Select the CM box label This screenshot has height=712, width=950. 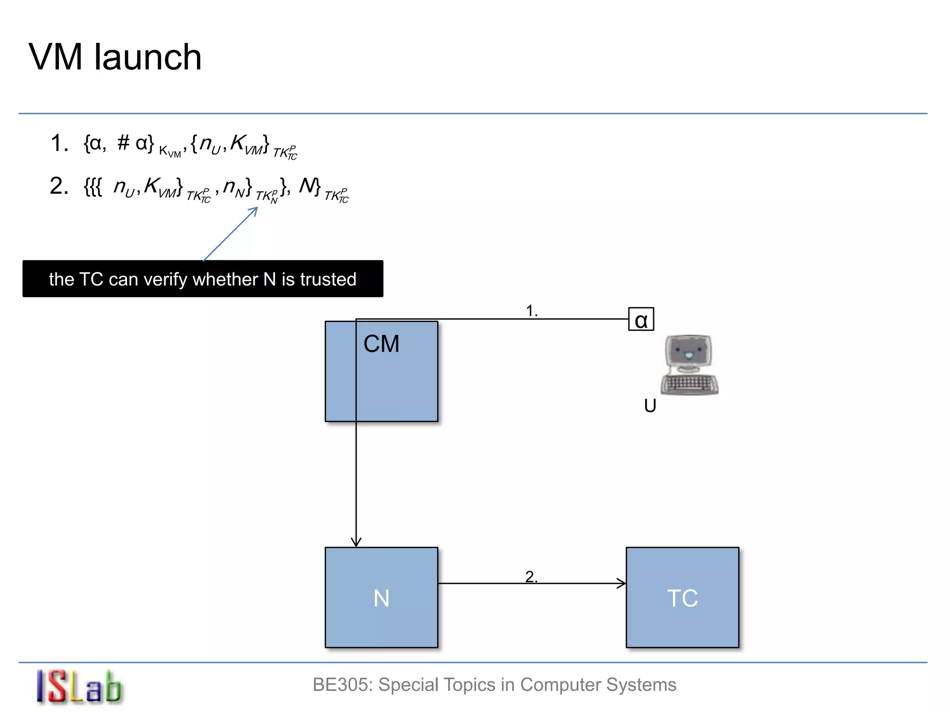(381, 344)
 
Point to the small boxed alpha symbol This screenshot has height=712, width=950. (641, 319)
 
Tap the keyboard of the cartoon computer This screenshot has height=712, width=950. (689, 384)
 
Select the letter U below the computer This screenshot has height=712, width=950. (650, 406)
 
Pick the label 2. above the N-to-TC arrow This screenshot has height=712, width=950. (531, 577)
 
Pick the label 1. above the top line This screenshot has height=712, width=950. (532, 311)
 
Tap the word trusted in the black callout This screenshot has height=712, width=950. (328, 280)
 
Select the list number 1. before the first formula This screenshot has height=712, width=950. (59, 143)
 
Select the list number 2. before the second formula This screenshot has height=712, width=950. (59, 186)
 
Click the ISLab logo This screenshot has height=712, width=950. (79, 687)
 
